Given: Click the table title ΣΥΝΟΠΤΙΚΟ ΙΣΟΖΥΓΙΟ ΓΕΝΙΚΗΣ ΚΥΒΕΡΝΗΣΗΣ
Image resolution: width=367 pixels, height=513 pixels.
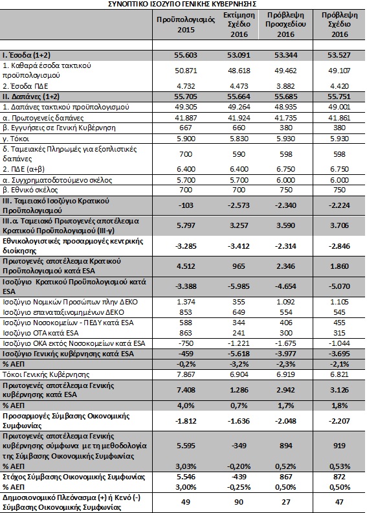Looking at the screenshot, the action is [x=182, y=4].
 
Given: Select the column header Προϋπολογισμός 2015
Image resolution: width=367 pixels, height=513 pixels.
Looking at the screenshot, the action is [x=186, y=25].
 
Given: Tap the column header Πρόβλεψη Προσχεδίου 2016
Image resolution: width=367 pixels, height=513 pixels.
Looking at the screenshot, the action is [x=285, y=25].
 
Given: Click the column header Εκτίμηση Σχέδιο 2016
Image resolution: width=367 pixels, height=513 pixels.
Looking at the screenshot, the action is [x=239, y=25].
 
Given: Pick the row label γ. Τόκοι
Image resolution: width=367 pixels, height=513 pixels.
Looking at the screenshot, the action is [x=16, y=139].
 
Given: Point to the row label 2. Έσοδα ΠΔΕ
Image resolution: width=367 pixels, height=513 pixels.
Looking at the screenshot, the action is [x=26, y=86].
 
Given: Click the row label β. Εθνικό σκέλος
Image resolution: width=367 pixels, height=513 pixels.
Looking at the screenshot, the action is [x=30, y=190].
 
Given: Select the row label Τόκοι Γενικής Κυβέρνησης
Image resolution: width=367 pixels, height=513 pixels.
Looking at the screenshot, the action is [x=46, y=374].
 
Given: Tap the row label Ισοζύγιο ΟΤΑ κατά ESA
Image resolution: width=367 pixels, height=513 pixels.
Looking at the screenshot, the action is [x=41, y=333].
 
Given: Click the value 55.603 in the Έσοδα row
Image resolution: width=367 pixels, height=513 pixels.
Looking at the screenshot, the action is [x=186, y=55].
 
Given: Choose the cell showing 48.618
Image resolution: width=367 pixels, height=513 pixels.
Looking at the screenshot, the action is [x=239, y=71].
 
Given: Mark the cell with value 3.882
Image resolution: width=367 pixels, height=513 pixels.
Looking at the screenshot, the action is [x=285, y=86].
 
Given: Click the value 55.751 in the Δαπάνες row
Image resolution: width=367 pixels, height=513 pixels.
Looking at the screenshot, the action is [x=339, y=97].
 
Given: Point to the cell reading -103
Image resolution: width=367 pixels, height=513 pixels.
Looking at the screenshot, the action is [x=186, y=205].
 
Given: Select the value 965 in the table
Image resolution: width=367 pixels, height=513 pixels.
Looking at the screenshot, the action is [x=239, y=266].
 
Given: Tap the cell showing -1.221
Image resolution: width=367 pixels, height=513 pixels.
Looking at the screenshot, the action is [x=239, y=343].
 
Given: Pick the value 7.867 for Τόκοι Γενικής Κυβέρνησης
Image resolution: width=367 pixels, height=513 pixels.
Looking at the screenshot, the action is [x=186, y=374].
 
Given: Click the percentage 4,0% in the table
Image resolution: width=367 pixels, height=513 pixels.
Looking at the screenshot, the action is [x=186, y=405].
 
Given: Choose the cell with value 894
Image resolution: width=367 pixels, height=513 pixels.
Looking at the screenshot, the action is [x=285, y=446].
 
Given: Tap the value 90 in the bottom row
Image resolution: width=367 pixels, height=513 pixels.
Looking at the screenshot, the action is [x=239, y=502].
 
